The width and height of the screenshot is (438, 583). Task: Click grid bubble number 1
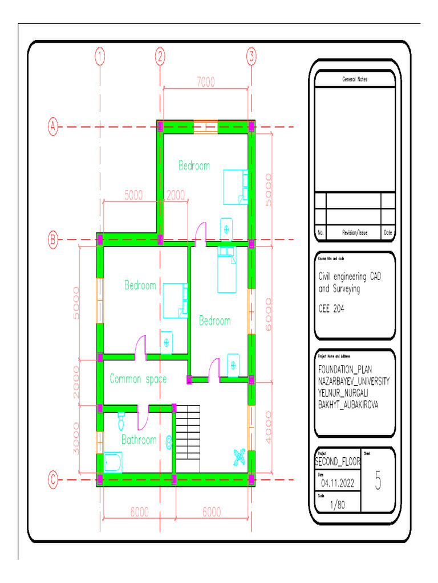[100, 56]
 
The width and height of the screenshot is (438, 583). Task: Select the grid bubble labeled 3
[252, 56]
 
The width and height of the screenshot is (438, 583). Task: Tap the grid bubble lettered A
[53, 126]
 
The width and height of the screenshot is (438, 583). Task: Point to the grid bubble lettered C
[53, 480]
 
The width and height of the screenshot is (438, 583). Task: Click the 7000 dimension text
[206, 82]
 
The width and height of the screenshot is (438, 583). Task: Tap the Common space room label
[138, 379]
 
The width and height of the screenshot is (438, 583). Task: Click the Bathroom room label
[139, 440]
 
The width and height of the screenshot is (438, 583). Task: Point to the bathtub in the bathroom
[113, 462]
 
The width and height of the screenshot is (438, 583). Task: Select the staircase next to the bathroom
[188, 438]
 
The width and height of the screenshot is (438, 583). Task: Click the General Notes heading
[355, 79]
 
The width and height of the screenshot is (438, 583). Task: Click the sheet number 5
[378, 481]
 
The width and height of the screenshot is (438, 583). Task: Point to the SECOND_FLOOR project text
[338, 462]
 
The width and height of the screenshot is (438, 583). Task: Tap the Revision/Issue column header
[355, 232]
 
